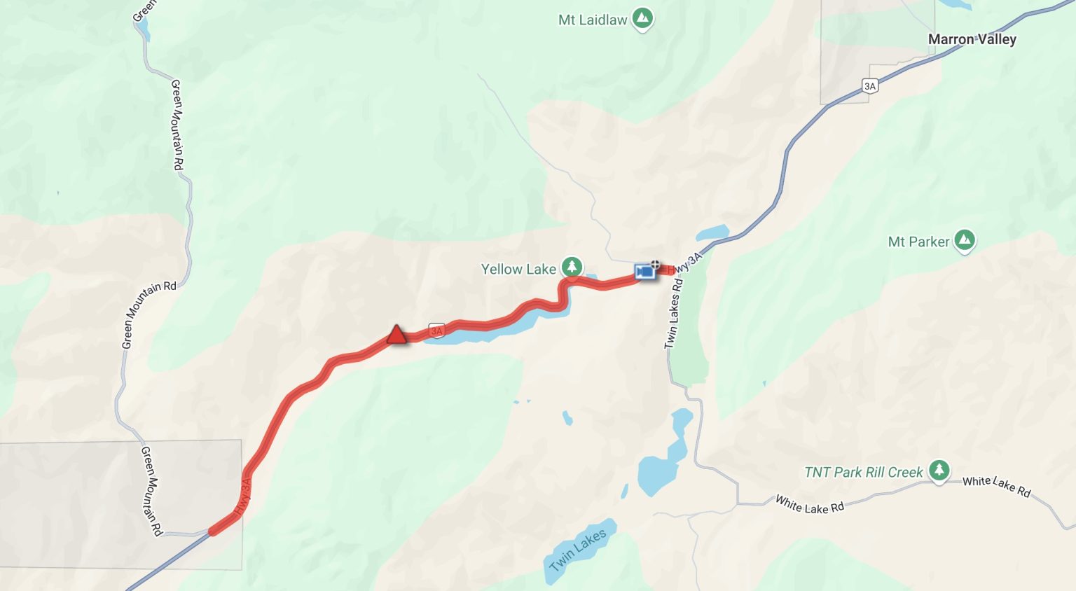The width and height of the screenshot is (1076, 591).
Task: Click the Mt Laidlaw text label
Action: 592,20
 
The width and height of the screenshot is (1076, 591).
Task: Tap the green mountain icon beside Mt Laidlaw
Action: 642,19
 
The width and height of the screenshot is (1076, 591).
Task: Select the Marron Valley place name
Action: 972,39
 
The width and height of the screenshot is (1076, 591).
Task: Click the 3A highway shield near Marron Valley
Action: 869,86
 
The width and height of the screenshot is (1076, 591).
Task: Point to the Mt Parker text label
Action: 918,242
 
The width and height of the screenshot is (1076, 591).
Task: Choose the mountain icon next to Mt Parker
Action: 965,241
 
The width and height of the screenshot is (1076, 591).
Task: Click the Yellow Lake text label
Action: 518,269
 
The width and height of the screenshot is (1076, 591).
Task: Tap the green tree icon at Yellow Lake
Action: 572,267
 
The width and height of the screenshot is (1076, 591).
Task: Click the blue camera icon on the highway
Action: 644,271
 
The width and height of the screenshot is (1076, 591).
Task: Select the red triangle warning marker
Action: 396,335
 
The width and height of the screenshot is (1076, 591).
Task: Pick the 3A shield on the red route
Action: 436,331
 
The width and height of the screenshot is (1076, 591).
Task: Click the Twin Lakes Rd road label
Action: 672,314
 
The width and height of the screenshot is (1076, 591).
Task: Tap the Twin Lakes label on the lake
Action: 578,550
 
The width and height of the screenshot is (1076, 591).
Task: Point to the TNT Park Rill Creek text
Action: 863,472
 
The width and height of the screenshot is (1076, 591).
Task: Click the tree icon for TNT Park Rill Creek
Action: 939,471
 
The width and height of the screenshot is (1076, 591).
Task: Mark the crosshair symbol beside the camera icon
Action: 655,265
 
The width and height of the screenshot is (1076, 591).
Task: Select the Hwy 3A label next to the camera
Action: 685,263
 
